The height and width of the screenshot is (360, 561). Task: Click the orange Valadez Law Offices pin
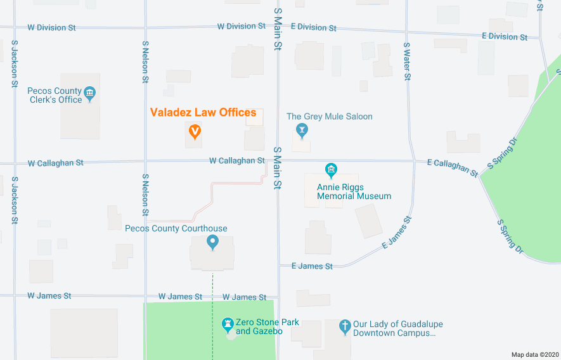point(195,132)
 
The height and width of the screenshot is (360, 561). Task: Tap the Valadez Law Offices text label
point(203,113)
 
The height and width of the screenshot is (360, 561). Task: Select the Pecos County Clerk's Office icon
point(90,94)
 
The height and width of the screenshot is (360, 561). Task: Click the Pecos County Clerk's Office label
point(55,96)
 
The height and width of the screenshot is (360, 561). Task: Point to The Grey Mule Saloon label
point(329,117)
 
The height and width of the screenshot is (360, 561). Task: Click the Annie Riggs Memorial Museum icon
point(331,170)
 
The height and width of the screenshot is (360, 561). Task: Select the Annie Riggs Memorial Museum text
point(354,191)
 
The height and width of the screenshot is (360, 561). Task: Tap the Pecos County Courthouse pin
point(213,241)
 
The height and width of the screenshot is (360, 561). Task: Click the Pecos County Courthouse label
point(176,229)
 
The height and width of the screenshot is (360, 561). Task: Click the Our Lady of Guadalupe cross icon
point(345,326)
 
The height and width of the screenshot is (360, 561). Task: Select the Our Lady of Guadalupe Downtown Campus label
point(397,328)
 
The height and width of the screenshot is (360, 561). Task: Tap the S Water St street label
point(408,61)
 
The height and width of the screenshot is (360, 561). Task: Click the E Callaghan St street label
point(452,167)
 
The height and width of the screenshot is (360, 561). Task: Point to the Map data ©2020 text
point(535,354)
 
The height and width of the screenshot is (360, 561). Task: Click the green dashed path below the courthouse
point(213,285)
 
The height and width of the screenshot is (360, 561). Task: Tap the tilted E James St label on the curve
point(397,233)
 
